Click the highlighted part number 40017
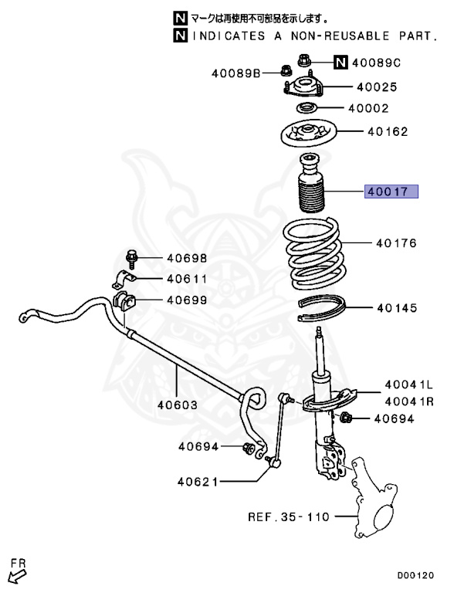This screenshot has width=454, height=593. [x=391, y=191]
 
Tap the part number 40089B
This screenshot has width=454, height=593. [x=235, y=73]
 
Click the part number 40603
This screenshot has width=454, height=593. [x=178, y=404]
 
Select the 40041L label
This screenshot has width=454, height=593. [x=409, y=384]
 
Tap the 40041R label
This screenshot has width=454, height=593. [x=409, y=400]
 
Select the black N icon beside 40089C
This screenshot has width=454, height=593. [x=340, y=63]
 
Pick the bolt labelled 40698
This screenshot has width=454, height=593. [x=130, y=257]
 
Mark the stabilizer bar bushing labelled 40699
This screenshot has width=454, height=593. [x=124, y=300]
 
